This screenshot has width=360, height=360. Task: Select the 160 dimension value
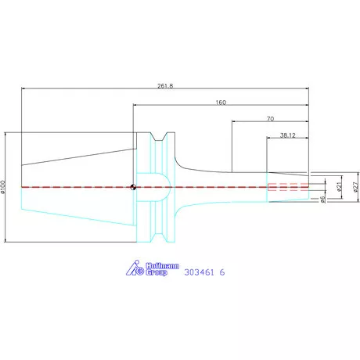221,102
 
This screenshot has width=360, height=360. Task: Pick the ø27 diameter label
354,187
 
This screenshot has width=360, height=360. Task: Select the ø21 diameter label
339,187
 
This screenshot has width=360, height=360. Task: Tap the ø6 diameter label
323,200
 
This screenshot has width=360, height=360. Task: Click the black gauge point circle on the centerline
134,186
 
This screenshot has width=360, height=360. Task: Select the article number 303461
200,273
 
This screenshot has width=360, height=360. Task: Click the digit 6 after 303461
223,273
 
